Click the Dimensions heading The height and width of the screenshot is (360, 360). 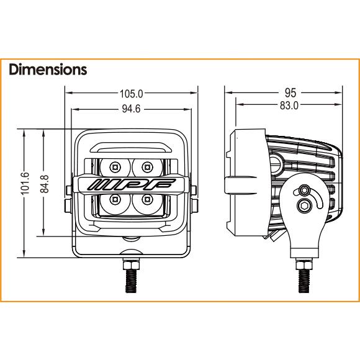pos(48,70)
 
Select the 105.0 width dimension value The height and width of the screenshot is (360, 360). pos(132,94)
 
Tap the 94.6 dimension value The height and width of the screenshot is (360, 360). pos(131,109)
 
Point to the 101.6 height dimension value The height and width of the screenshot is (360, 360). pos(25,183)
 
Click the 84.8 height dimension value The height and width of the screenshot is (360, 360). pos(45,184)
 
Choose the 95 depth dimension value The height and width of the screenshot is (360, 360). pos(290,92)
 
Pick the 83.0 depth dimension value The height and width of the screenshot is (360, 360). pos(289,106)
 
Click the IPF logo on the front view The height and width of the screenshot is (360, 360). pos(132,184)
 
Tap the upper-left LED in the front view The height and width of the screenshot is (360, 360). pos(115,167)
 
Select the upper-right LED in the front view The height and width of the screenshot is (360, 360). pos(147,167)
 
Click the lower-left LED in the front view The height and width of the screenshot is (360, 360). pos(115,199)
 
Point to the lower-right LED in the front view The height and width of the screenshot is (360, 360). pos(147,199)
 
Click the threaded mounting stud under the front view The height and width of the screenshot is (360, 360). pos(132,281)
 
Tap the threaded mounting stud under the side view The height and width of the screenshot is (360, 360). pos(304,281)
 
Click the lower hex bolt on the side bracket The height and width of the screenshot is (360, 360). pos(305,205)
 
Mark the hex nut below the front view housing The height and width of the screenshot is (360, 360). pos(132,264)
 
